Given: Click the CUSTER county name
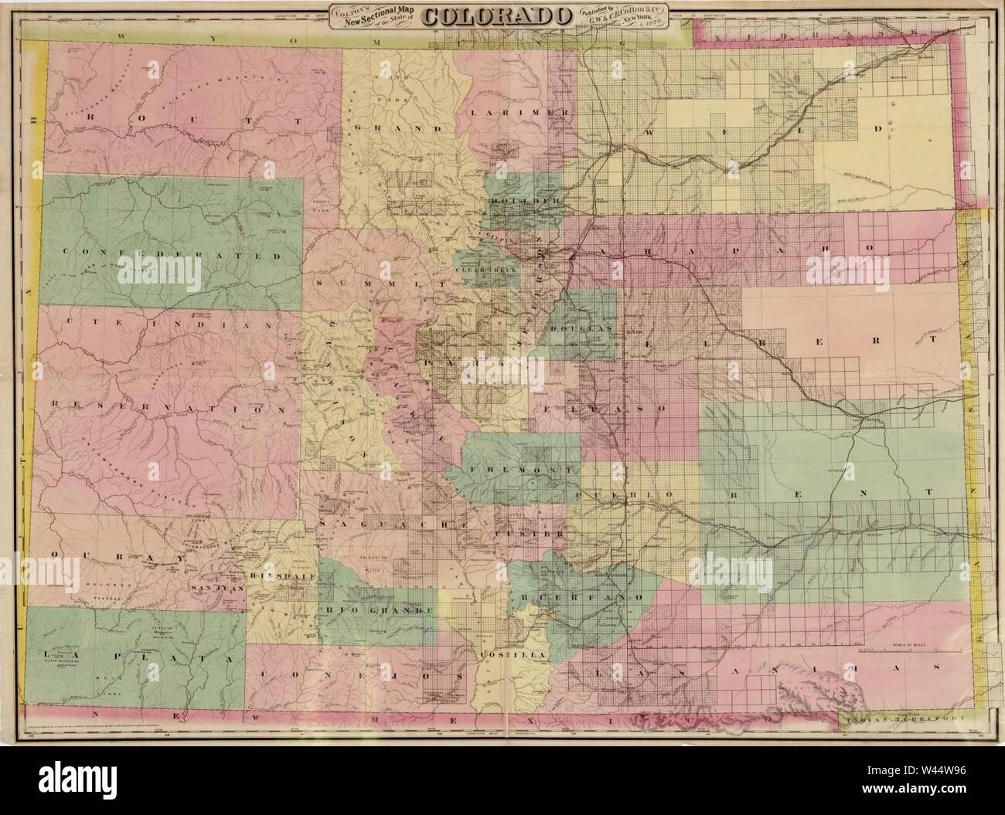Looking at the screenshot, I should (x=530, y=534).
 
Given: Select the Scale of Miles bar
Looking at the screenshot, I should (x=904, y=650).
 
